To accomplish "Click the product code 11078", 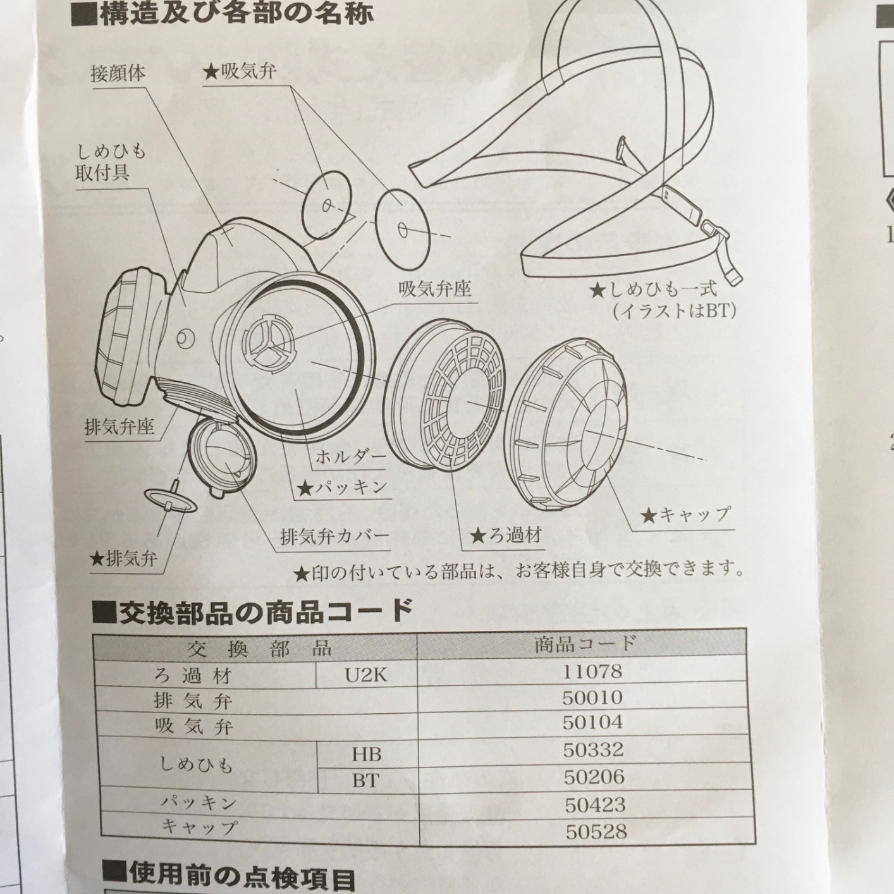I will tap(592, 671).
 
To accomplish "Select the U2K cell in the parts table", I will tap(366, 675).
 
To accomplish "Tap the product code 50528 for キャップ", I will tap(596, 831).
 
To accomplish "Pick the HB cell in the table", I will tap(367, 754).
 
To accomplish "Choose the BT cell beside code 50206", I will tap(365, 781).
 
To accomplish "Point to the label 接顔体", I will tap(118, 74).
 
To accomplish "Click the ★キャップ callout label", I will tap(686, 515).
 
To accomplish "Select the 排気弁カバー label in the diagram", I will tap(334, 536).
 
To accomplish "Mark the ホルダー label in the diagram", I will tap(350, 457).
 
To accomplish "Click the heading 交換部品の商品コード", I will tap(254, 610).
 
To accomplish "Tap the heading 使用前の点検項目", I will tap(230, 876).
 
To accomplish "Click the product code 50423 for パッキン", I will tap(595, 804).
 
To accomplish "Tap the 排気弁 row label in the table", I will tap(193, 701).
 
